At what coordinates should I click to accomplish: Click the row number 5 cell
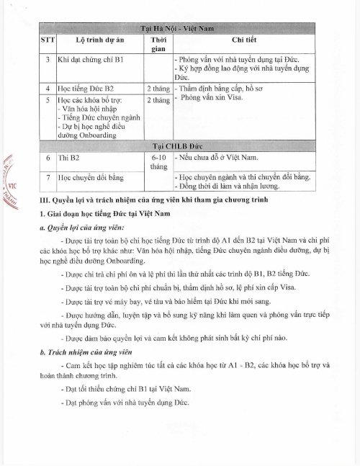point(47,99)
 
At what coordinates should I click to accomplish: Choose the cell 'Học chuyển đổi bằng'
point(87,176)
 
